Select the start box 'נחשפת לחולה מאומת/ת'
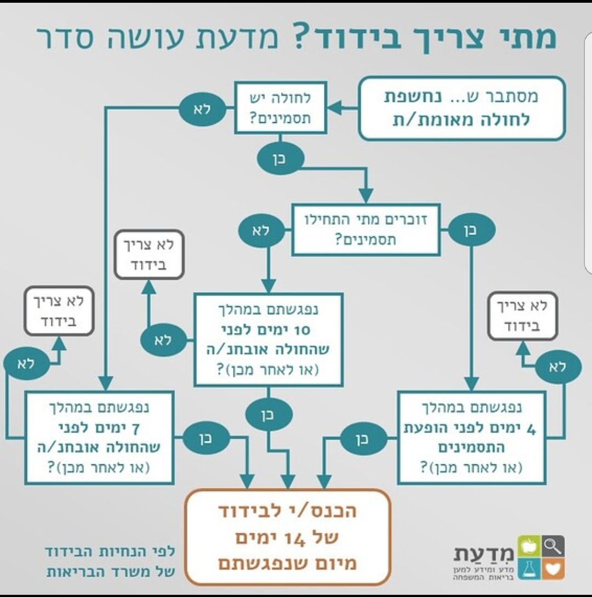(x=461, y=109)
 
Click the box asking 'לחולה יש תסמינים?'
(x=280, y=107)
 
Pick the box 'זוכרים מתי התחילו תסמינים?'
(x=366, y=230)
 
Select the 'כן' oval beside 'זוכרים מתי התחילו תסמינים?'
(x=471, y=231)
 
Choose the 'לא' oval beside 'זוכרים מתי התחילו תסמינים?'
(x=261, y=231)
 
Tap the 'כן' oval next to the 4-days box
(x=363, y=439)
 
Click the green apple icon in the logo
(x=530, y=546)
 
